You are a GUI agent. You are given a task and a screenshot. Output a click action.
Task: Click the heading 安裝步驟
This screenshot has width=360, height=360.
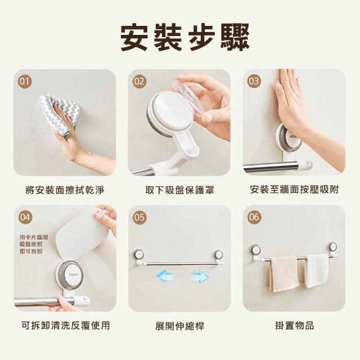pos(185,38)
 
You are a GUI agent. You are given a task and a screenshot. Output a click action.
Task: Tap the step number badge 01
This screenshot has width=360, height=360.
pos(25,82)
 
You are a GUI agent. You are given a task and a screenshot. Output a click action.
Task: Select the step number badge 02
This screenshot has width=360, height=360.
pos(139,82)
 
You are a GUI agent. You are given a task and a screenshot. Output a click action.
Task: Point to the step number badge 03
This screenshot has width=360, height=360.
pos(254,81)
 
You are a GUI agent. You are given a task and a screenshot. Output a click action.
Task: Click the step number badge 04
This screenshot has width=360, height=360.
pos(25,217)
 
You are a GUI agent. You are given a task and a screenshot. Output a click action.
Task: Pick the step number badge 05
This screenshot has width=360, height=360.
pos(139,217)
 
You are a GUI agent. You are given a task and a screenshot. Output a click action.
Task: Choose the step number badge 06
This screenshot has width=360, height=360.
pos(254,217)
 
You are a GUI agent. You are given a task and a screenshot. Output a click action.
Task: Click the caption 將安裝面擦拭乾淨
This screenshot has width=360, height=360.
pos(65,190)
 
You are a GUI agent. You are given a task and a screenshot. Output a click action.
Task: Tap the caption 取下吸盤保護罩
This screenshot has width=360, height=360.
pos(179,190)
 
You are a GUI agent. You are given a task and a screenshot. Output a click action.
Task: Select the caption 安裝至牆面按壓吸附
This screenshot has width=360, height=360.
pos(294,190)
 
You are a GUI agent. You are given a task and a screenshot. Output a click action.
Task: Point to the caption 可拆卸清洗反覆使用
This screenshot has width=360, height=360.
pos(66,326)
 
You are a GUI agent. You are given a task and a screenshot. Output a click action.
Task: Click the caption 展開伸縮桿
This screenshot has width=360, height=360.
pos(179,326)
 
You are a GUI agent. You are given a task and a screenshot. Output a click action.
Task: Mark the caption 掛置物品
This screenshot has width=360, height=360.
pos(294,326)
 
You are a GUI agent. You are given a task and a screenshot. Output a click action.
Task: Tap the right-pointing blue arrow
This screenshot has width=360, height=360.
pos(200,276)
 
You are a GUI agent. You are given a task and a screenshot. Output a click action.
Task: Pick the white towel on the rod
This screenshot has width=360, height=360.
pos(317,271)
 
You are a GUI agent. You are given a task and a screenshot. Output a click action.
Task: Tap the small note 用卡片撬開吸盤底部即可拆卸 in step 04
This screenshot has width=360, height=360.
pos(34,244)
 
